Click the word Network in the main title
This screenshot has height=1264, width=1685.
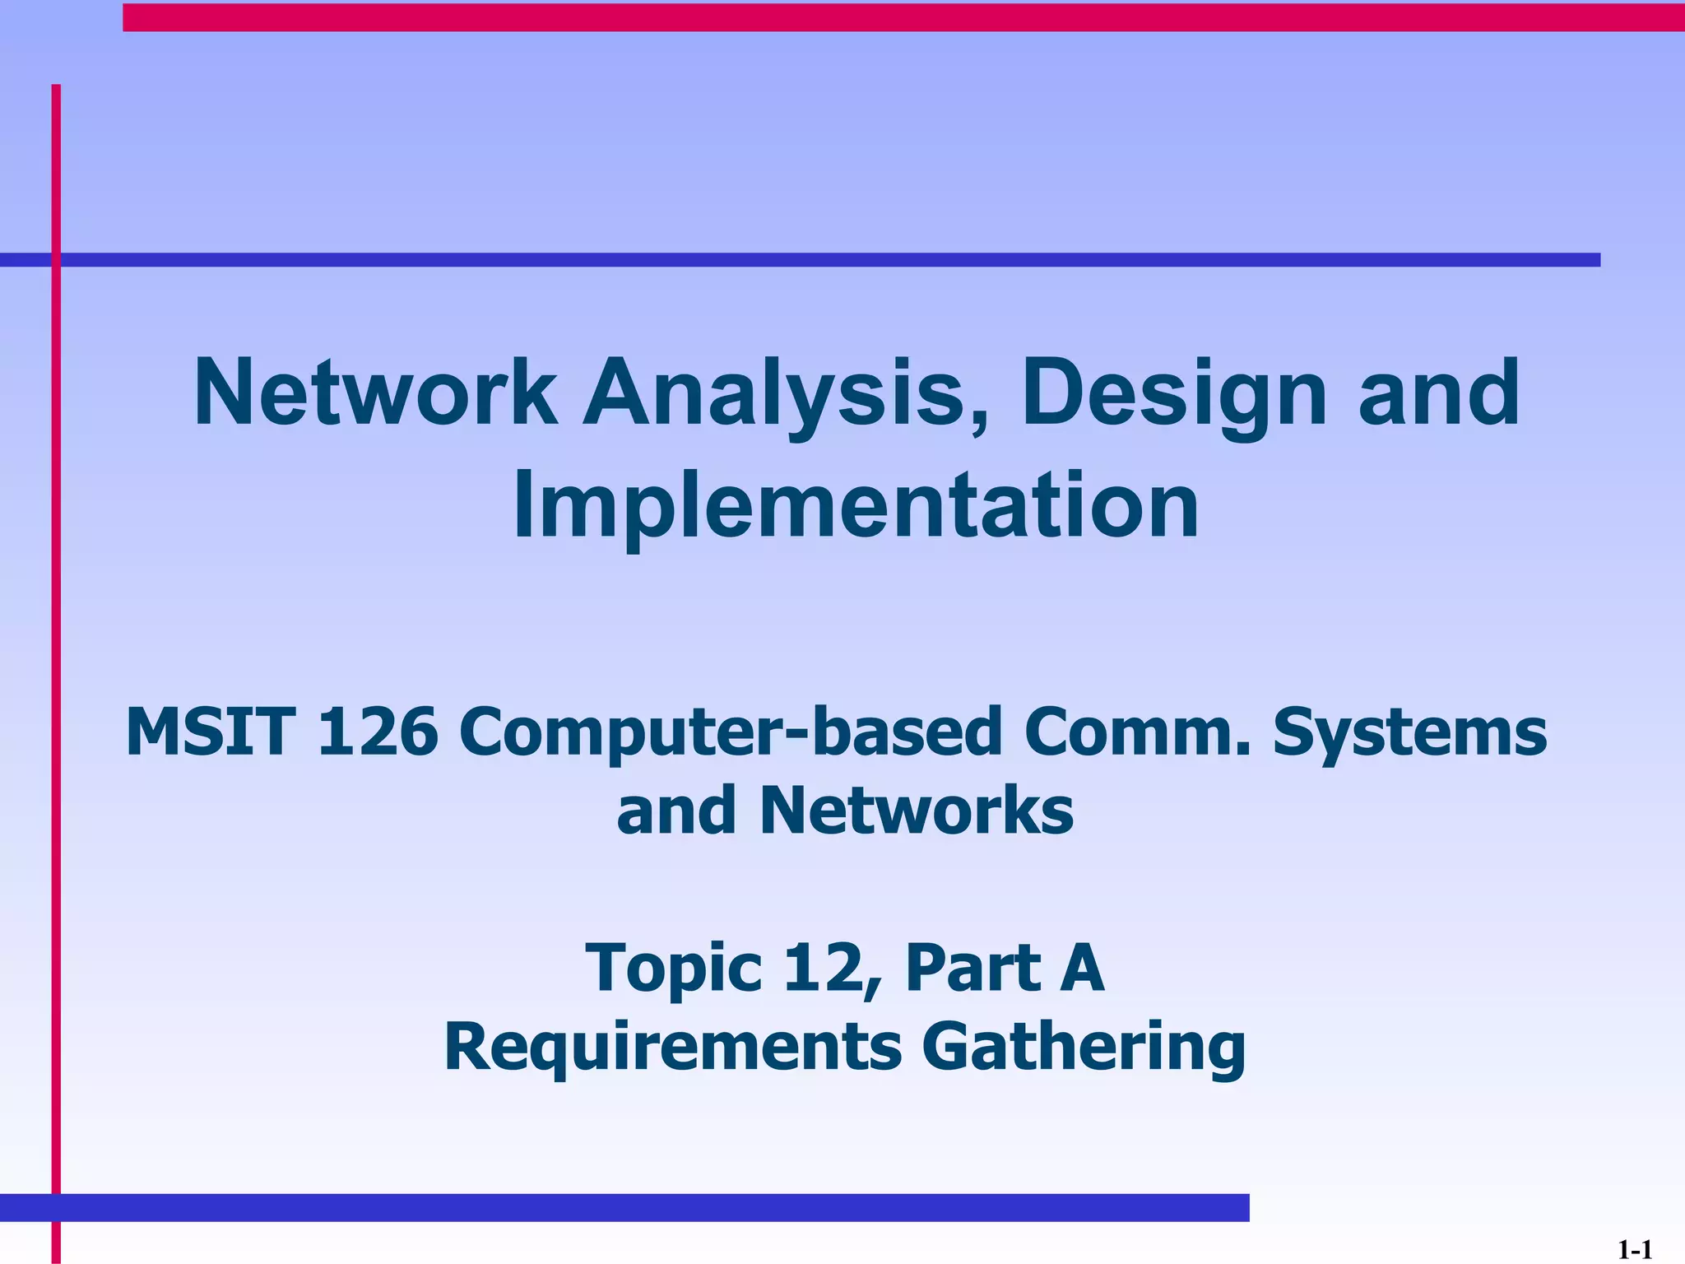[374, 393]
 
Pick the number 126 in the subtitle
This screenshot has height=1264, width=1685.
[378, 732]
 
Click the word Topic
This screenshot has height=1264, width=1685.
[673, 969]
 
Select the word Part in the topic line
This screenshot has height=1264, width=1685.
[972, 968]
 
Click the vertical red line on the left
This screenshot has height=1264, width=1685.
[56, 658]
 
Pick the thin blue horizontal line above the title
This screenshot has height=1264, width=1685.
[823, 260]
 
